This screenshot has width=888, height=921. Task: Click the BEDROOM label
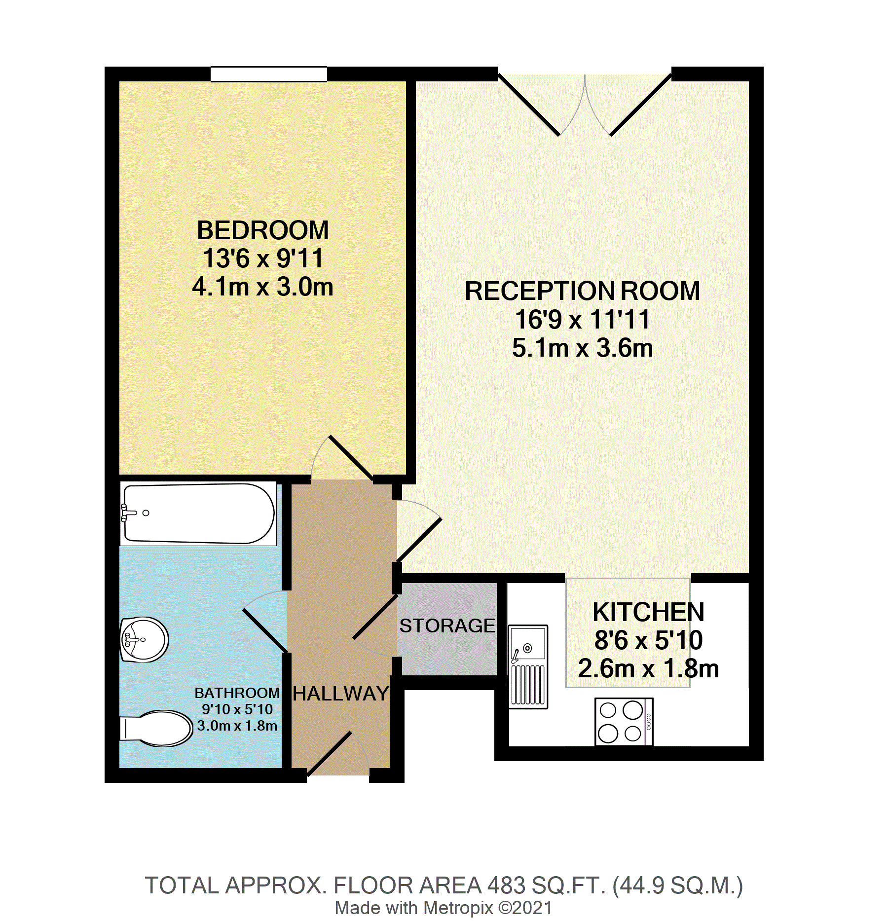pyautogui.click(x=262, y=230)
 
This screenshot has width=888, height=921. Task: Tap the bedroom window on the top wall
pyautogui.click(x=268, y=74)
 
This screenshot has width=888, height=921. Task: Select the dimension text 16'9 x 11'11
pyautogui.click(x=582, y=320)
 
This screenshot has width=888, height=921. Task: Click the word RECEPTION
pyautogui.click(x=540, y=291)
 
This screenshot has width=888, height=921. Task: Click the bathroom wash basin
pyautogui.click(x=145, y=639)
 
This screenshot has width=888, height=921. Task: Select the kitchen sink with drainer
pyautogui.click(x=528, y=666)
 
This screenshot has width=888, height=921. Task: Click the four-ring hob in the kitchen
pyautogui.click(x=624, y=721)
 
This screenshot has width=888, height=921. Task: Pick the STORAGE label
pyautogui.click(x=447, y=626)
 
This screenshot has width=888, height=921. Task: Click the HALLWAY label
pyautogui.click(x=340, y=694)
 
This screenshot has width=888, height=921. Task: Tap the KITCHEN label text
pyautogui.click(x=648, y=612)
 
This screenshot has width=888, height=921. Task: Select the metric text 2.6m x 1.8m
pyautogui.click(x=648, y=669)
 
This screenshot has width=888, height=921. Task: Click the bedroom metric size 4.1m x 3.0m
pyautogui.click(x=262, y=287)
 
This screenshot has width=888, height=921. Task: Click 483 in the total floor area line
pyautogui.click(x=506, y=885)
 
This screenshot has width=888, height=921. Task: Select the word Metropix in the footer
pyautogui.click(x=458, y=908)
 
